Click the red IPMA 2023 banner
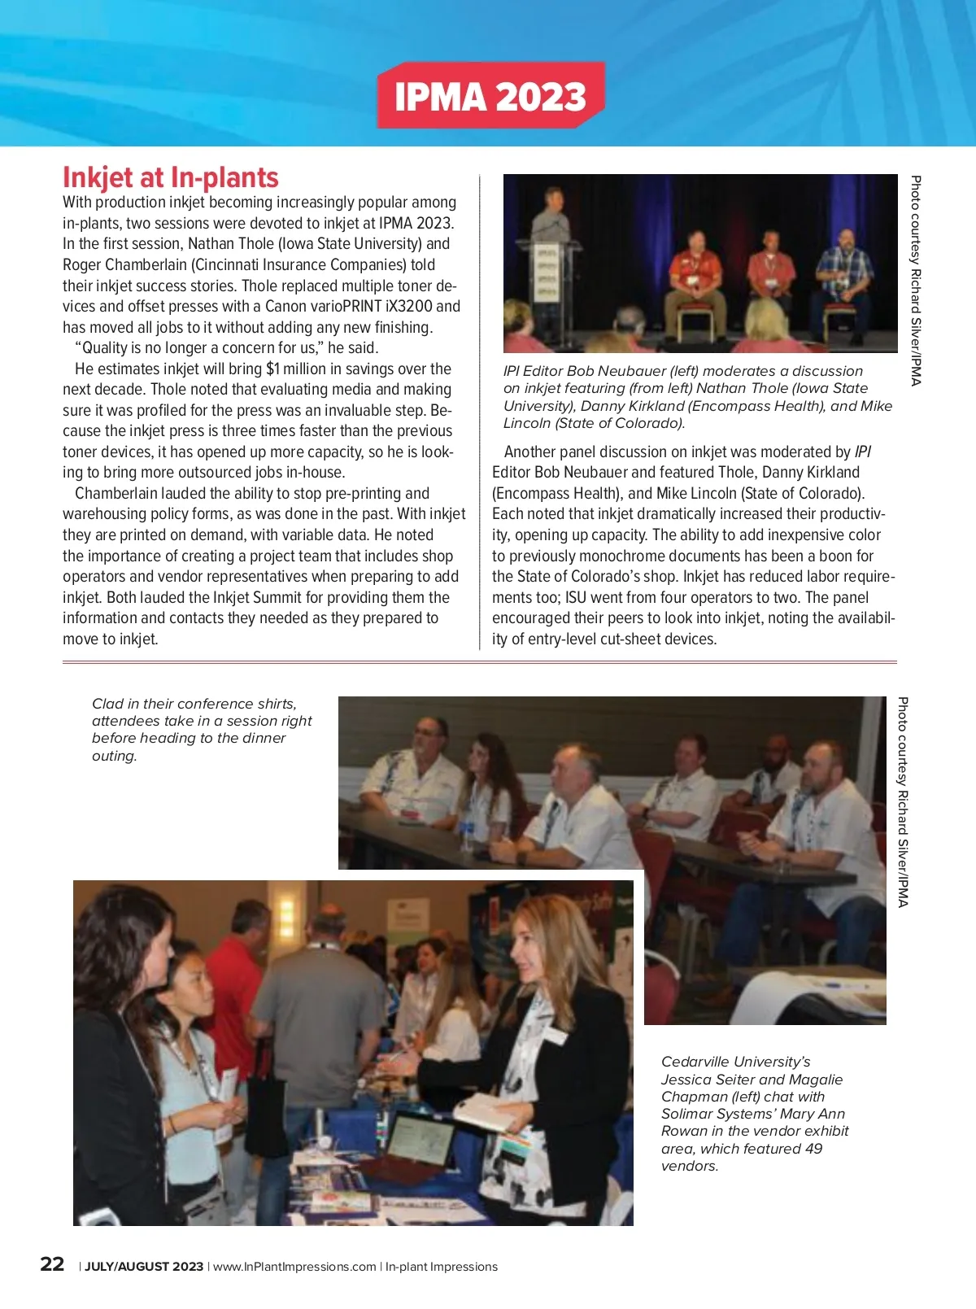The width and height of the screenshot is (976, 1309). click(x=490, y=96)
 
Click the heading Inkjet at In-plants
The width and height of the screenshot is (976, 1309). click(x=171, y=178)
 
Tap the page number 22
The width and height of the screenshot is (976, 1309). click(x=52, y=1264)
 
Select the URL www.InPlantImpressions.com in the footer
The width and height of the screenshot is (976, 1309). click(x=294, y=1267)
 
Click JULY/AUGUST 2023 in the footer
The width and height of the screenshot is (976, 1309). click(x=144, y=1267)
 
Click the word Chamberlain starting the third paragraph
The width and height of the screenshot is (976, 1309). click(x=115, y=494)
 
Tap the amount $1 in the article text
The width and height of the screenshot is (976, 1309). click(x=273, y=369)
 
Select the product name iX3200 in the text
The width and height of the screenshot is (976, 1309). click(x=409, y=307)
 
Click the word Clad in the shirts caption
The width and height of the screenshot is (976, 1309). click(x=107, y=704)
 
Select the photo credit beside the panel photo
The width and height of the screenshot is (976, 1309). click(x=916, y=281)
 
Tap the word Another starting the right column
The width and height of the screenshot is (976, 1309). click(x=531, y=452)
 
